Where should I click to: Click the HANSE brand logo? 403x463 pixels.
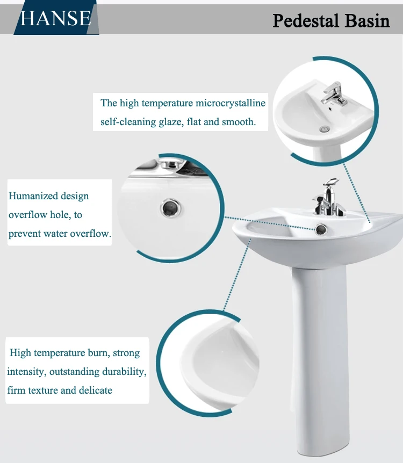tap(55, 18)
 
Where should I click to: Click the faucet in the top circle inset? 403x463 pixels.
tap(333, 94)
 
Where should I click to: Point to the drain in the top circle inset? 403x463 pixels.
tap(323, 129)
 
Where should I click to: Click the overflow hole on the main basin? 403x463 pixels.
tap(321, 229)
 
